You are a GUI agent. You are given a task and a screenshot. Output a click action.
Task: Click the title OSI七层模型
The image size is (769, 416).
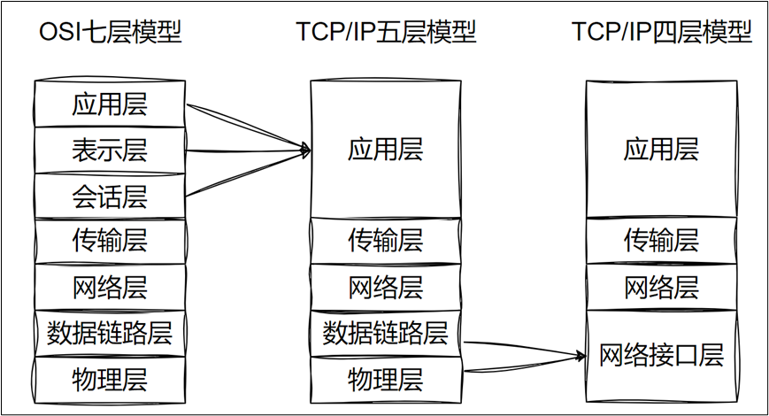coord(111,33)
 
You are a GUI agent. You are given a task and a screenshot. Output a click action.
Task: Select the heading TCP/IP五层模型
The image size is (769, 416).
coord(386,33)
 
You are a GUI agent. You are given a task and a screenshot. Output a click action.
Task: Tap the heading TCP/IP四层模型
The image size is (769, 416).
coord(661,33)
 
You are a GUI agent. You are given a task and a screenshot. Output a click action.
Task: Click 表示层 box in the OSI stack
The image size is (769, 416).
coord(110,150)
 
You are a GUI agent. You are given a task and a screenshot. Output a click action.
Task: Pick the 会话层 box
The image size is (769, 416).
coord(110,196)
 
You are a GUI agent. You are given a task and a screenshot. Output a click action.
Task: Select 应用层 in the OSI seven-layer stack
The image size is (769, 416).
coord(110,104)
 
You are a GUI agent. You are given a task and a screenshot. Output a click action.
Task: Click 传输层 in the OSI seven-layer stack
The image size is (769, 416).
coord(110,241)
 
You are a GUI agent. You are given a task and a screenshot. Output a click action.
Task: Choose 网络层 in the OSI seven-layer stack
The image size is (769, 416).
coord(110,287)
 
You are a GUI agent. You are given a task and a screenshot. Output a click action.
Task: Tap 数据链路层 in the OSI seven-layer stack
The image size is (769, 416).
coord(110,334)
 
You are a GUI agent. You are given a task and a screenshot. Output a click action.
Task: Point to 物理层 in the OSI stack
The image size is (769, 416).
coord(110,379)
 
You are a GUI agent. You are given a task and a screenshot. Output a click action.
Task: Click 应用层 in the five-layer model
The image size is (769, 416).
coord(386,149)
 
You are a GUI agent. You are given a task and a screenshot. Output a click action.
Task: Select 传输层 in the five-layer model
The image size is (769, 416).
coord(386,241)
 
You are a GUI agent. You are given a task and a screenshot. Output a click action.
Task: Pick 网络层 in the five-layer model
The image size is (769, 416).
coord(386,287)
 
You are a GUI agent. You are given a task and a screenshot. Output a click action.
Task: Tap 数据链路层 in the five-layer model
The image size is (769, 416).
coord(386,334)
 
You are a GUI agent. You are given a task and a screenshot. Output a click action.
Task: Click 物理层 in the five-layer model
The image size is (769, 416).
coord(386,379)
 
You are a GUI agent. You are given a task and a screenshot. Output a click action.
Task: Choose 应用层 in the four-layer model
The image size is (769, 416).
coord(661,149)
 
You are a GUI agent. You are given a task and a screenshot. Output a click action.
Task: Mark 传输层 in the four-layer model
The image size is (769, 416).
coord(661,241)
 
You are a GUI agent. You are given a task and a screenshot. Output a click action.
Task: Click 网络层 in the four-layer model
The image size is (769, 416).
coord(661,287)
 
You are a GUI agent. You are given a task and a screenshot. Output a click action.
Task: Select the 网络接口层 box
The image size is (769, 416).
coord(661,356)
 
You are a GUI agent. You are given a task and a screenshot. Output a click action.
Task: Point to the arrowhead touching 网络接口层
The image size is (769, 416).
coord(582,356)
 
